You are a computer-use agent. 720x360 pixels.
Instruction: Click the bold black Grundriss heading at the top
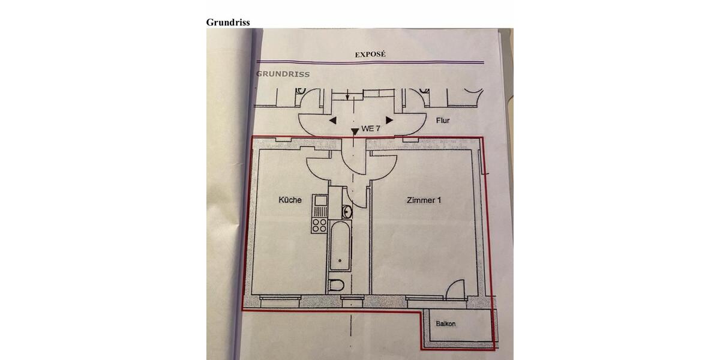pos(228,22)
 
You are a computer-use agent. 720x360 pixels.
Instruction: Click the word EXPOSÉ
pos(370,55)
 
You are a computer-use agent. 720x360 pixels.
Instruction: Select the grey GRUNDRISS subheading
pos(283,74)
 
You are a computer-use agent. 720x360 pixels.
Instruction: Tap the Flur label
pos(443,120)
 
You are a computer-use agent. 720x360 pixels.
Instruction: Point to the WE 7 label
pos(371,128)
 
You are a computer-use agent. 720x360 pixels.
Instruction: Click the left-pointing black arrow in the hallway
pos(333,121)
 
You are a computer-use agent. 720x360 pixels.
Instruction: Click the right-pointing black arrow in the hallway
pos(389,120)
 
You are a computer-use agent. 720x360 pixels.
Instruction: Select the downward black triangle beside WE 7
pos(355,132)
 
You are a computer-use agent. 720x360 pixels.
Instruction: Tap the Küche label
pos(290,200)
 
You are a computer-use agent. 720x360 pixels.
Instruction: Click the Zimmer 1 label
pos(424,200)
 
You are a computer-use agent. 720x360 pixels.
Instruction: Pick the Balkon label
pos(445,323)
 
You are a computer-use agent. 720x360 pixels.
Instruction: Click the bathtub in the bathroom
pos(340,246)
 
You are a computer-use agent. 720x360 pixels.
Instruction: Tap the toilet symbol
pos(336,285)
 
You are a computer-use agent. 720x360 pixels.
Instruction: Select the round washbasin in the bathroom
pos(347,212)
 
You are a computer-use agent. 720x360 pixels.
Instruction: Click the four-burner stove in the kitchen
pos(319,225)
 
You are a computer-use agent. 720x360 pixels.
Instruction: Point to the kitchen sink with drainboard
pos(320,206)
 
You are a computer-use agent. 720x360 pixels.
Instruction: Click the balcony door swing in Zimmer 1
pos(455,289)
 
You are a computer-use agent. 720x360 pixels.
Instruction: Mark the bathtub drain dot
pos(340,260)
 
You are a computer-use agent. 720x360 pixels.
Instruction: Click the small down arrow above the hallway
pos(347,95)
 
